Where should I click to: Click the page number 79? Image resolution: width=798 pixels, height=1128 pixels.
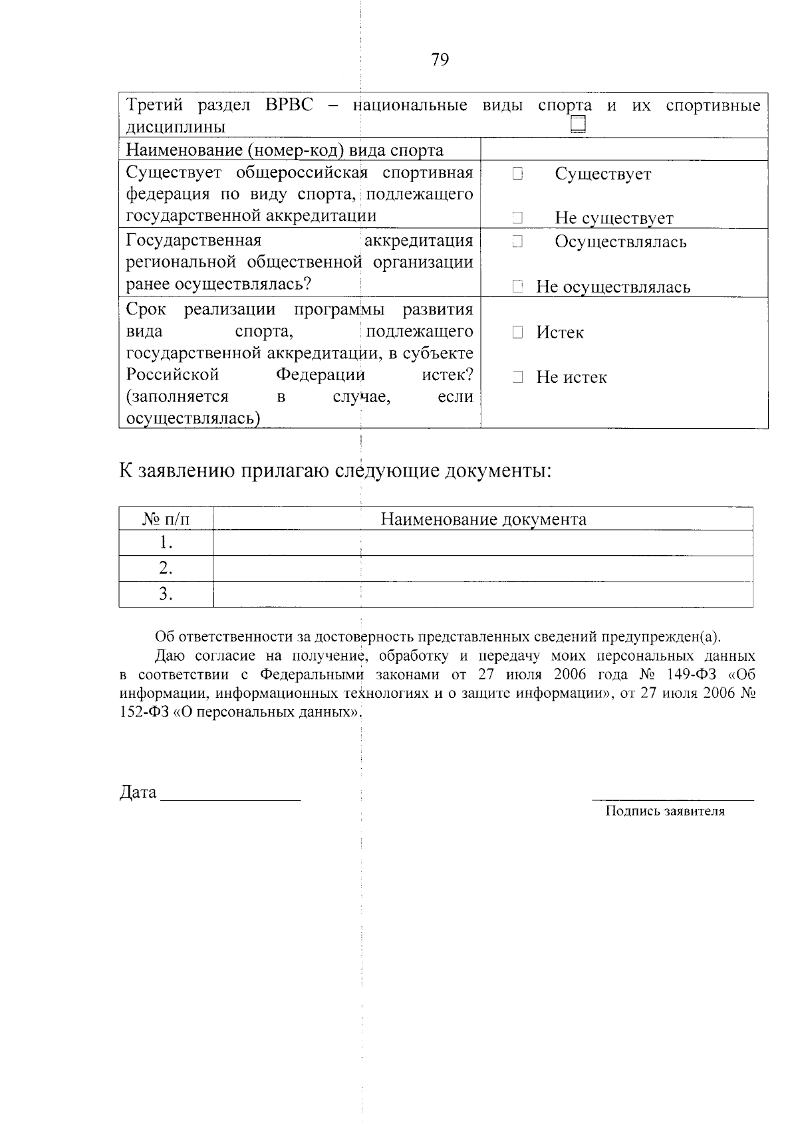(x=440, y=60)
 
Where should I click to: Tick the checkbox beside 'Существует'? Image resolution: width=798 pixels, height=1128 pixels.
(x=518, y=174)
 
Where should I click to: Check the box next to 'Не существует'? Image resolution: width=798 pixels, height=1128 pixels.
(x=518, y=218)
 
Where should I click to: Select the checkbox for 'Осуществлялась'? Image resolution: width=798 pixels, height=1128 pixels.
(x=518, y=242)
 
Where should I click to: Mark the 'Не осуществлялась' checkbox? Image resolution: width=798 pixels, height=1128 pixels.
(x=518, y=287)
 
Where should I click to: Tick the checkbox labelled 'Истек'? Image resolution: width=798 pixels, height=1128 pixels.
(x=518, y=332)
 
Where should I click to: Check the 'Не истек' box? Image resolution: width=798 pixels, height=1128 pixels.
(x=518, y=378)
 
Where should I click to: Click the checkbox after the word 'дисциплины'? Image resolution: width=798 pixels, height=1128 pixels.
(x=578, y=124)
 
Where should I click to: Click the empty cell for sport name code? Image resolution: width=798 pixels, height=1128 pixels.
(x=624, y=150)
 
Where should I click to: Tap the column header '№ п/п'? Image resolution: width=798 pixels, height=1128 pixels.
(x=166, y=519)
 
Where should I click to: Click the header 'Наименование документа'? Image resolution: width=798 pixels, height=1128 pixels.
(x=483, y=519)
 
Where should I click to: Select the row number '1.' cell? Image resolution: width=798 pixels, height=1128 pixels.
(x=166, y=543)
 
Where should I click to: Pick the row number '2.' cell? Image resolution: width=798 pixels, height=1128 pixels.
(x=166, y=568)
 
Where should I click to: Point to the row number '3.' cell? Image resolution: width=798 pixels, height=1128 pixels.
(x=166, y=594)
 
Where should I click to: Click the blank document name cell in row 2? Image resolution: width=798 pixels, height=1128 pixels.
(x=483, y=568)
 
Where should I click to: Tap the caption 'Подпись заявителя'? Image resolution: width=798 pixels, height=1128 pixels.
(x=664, y=811)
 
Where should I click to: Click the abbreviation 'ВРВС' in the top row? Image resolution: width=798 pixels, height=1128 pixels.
(x=289, y=105)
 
